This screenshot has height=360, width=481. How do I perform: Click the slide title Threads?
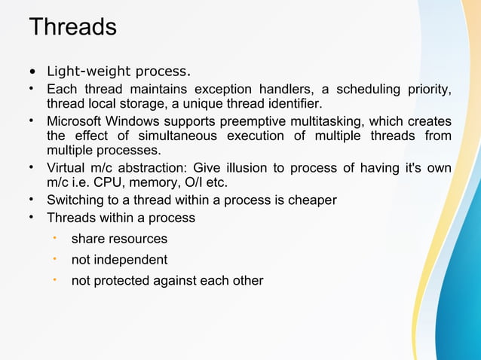(x=72, y=27)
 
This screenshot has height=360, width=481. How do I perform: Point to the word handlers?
(x=290, y=90)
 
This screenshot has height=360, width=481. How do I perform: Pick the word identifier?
(x=288, y=103)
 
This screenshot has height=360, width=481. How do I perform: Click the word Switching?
(x=75, y=200)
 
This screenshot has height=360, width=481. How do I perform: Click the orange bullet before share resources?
(x=54, y=238)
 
